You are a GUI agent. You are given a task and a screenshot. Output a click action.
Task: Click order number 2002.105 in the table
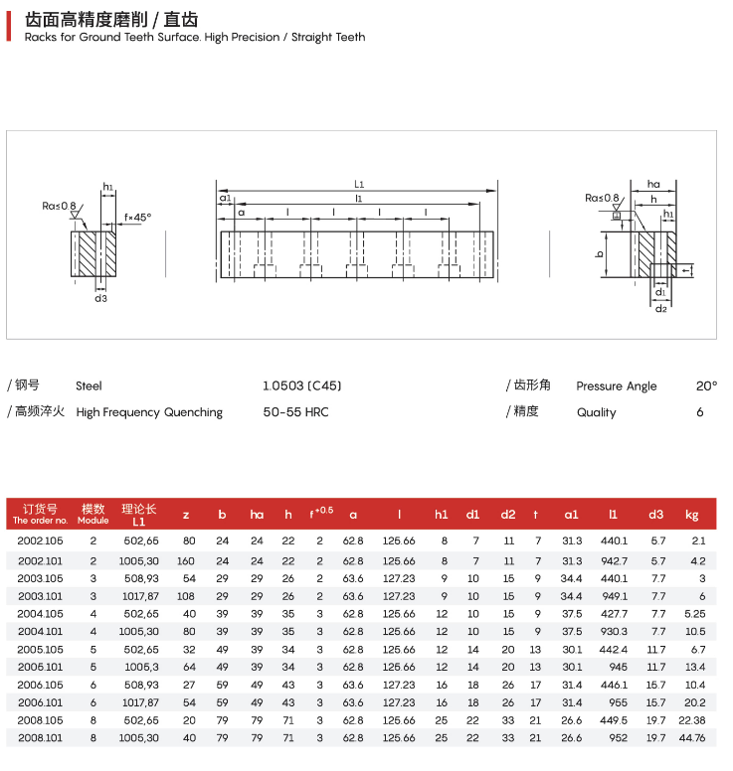[x=40, y=540]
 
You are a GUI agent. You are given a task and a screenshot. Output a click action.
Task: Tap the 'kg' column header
[x=692, y=514]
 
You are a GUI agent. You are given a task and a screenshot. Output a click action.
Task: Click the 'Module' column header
[x=93, y=514]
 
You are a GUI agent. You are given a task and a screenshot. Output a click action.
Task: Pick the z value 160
[x=185, y=560]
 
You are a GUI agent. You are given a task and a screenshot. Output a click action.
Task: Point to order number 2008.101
[x=40, y=738]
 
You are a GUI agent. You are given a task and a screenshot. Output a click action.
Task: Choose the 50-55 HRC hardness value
[x=295, y=412]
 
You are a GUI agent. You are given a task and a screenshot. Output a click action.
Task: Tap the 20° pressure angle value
[x=706, y=385]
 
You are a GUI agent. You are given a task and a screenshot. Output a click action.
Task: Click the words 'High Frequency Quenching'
[x=149, y=412]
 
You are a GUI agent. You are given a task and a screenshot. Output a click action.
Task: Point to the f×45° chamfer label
[x=138, y=217]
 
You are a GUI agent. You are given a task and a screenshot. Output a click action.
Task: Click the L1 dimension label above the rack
[x=359, y=184]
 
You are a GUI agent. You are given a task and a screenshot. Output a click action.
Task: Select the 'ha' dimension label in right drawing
[x=653, y=184]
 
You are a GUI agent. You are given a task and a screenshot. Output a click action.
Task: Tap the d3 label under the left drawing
[x=100, y=298]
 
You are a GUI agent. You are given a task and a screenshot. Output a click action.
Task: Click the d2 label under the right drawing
[x=660, y=309]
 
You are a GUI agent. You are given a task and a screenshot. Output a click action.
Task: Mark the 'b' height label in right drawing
[x=600, y=254]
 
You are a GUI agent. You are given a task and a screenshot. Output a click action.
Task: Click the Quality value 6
[x=700, y=412]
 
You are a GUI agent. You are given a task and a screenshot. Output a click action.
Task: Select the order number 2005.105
[x=40, y=650]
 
